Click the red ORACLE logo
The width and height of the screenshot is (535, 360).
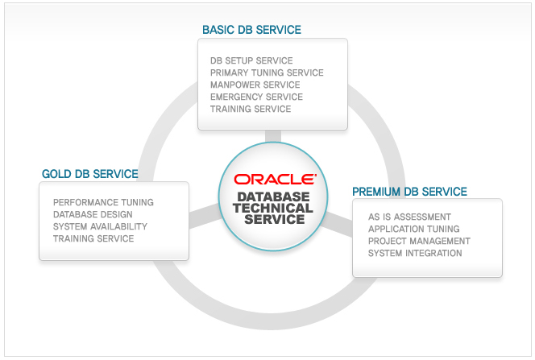(x=275, y=180)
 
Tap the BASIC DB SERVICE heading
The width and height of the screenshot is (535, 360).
(x=252, y=30)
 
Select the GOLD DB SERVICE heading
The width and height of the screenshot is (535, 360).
(x=90, y=174)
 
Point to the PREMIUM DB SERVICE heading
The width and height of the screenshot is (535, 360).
(x=409, y=192)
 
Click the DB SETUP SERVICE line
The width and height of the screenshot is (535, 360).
(x=251, y=60)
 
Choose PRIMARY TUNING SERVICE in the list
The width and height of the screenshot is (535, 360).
(x=267, y=73)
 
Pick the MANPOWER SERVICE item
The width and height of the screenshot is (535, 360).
(x=255, y=85)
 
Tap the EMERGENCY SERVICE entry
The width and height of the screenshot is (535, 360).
(x=256, y=97)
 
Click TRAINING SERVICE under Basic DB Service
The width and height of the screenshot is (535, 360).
(x=251, y=109)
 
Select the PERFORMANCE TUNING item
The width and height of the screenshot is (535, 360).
(x=103, y=202)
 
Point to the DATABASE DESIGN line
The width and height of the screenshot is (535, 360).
(x=93, y=214)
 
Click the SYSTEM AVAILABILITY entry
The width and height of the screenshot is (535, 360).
(x=100, y=226)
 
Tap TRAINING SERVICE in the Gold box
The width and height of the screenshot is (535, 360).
(x=93, y=238)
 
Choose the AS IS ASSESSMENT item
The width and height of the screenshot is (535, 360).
(x=409, y=217)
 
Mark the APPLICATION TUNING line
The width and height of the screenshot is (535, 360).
(x=414, y=229)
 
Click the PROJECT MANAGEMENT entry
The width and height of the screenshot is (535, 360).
(x=419, y=241)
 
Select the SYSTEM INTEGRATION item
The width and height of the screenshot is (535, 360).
(x=415, y=254)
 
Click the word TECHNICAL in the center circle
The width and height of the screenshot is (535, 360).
(x=273, y=208)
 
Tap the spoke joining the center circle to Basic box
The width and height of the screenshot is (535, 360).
(x=273, y=136)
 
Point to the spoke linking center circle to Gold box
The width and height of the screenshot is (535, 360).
(x=204, y=216)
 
